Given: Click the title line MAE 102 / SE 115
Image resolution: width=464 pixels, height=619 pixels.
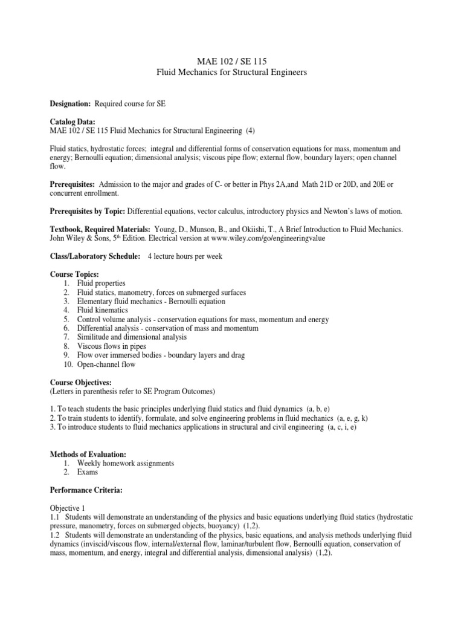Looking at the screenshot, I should [232, 61].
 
